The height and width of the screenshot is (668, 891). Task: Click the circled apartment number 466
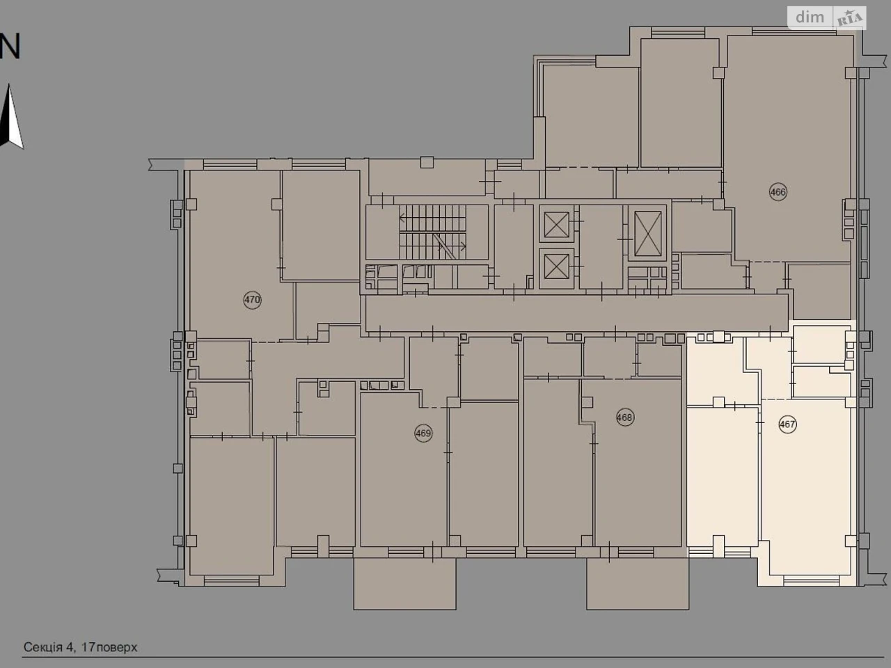pos(778,192)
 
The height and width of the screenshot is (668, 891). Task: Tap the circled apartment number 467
pos(787,424)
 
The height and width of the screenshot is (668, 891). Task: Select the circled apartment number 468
pos(624,417)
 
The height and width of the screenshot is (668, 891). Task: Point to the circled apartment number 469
pos(423,434)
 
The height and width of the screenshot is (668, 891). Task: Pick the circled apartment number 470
pos(252,300)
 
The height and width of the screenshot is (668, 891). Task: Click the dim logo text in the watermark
pos(810,17)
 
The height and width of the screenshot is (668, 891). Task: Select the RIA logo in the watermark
pos(849,19)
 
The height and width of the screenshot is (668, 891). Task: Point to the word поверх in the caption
pos(116,648)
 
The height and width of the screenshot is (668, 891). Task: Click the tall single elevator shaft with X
pos(648,233)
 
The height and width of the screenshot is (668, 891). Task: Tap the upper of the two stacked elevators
pos(556,224)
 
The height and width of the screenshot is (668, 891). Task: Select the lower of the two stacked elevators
pos(556,267)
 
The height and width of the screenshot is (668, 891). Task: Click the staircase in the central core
pos(433,232)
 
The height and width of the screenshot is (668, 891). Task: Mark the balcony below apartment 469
pos(404,584)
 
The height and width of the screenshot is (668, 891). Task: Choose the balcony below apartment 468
pos(638,584)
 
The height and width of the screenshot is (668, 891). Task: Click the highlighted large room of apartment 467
pos(806,486)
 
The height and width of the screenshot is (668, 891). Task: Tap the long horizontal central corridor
pos(576,312)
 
